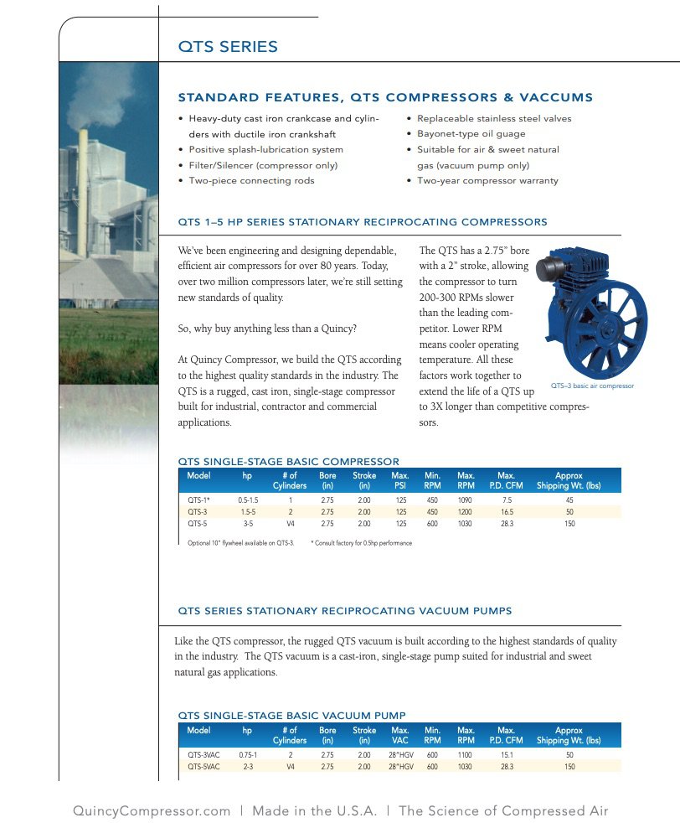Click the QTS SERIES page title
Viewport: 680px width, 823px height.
click(x=228, y=47)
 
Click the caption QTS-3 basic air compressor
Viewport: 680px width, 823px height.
click(x=592, y=386)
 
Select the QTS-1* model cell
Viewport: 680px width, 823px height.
click(x=198, y=499)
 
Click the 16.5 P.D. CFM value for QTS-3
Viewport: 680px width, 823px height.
click(x=507, y=511)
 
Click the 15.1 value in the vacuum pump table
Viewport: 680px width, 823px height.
click(x=507, y=754)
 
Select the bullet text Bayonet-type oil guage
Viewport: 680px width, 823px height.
click(x=471, y=134)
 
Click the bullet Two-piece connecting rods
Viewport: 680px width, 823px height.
click(x=251, y=180)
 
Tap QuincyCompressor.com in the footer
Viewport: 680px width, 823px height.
click(x=152, y=810)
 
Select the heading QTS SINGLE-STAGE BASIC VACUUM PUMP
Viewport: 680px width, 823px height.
click(x=292, y=715)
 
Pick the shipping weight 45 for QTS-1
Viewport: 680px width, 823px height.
click(x=569, y=499)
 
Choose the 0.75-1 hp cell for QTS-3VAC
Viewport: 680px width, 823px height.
click(x=247, y=754)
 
